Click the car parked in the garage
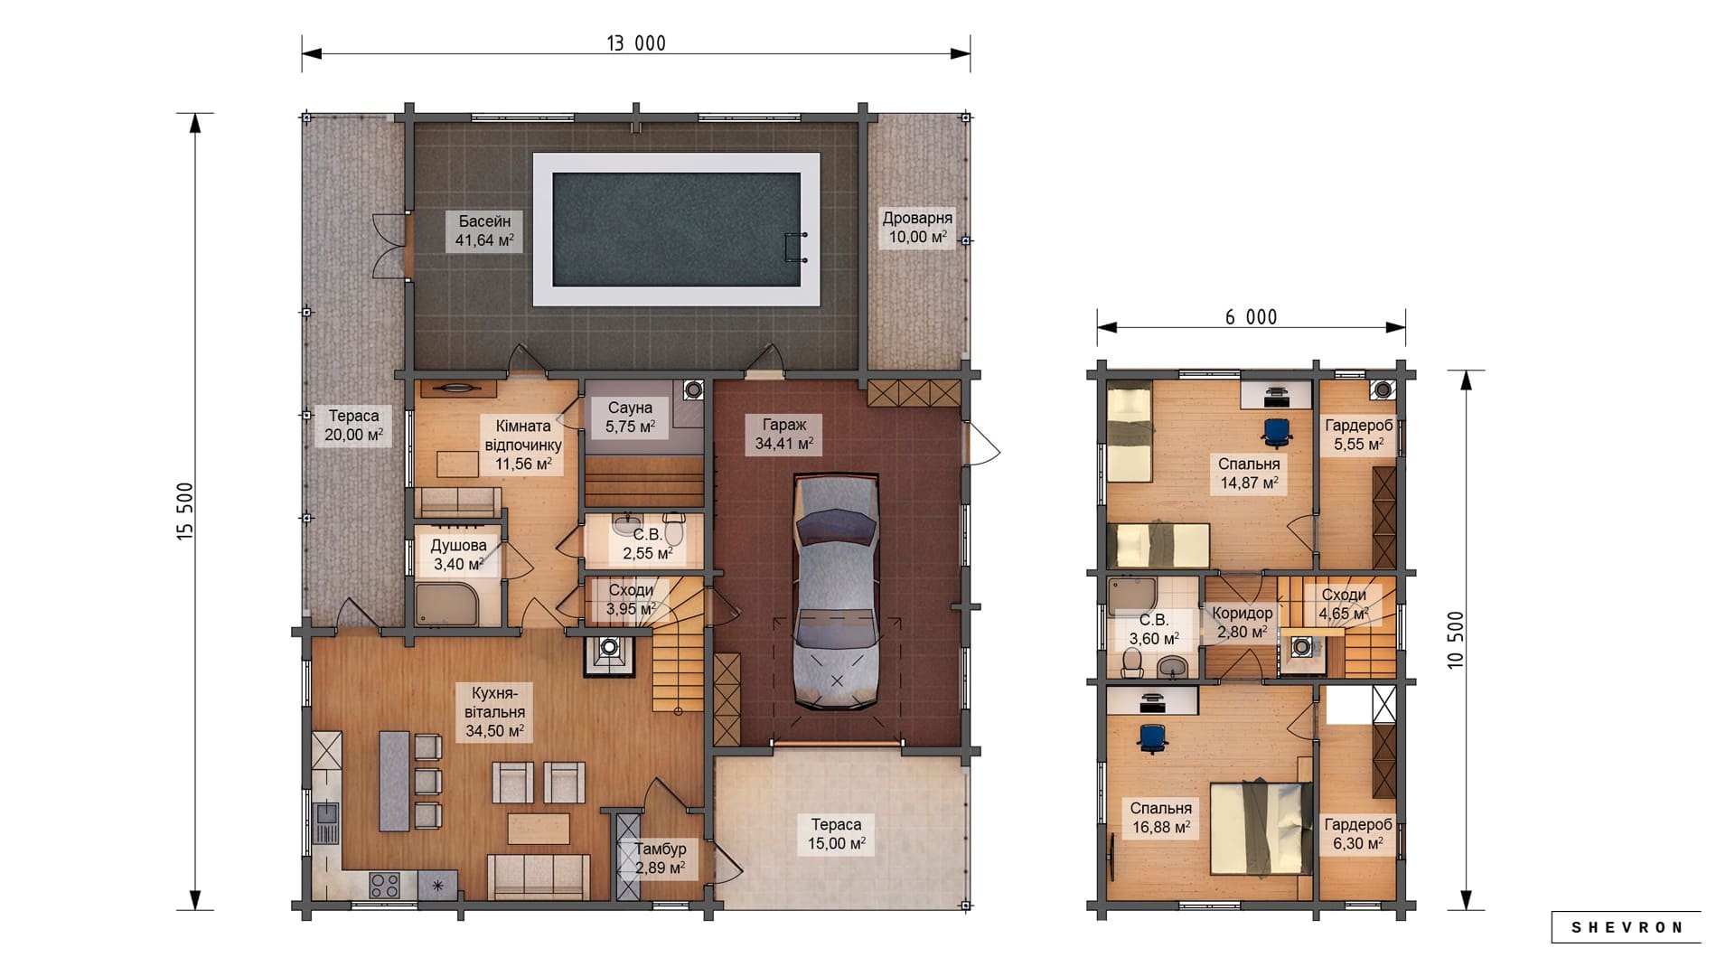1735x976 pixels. coord(836,593)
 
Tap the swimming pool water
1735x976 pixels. coord(676,230)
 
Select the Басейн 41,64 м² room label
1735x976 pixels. coord(484,230)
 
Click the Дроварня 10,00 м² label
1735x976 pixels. coord(917,227)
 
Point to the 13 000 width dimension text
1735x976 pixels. coord(636,43)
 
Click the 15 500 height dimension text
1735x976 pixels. coord(185,511)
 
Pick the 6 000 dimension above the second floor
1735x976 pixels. coord(1251,317)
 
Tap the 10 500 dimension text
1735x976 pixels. coord(1455,640)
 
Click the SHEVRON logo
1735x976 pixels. coord(1627,927)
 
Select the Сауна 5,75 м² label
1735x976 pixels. coord(630,417)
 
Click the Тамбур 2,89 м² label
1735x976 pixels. coord(660,859)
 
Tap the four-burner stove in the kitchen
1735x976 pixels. coord(384,885)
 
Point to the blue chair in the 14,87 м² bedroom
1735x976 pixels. coord(1276,432)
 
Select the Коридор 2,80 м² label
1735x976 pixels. coord(1242,622)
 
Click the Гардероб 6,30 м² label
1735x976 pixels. coord(1358,834)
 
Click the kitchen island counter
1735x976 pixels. coord(394,781)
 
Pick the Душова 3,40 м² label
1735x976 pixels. coord(458,555)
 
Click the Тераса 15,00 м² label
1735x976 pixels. coord(836,834)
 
